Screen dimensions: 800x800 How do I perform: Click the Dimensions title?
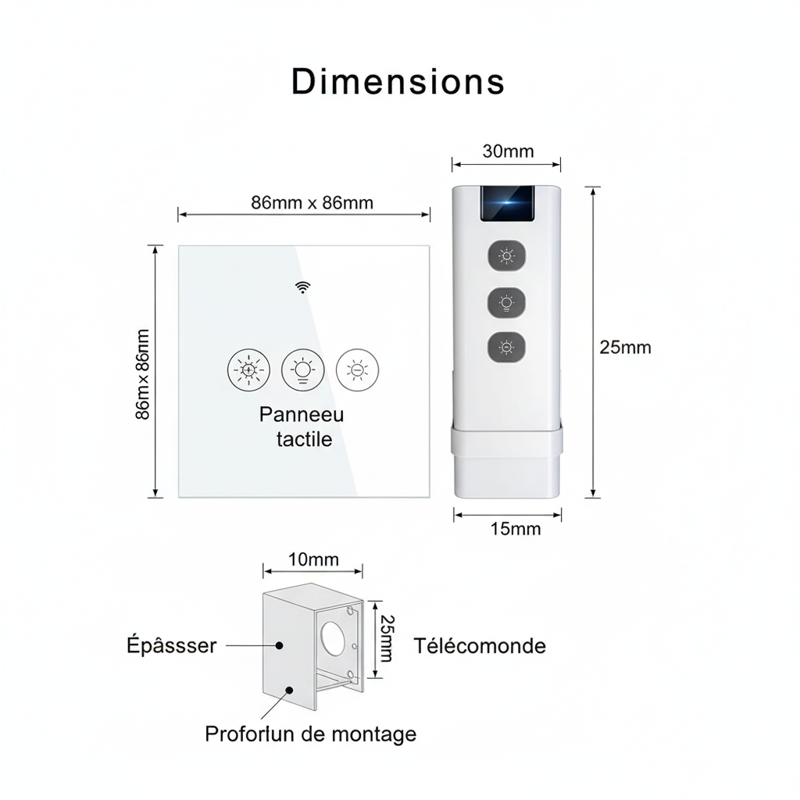[398, 82]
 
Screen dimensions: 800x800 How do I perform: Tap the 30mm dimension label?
[508, 151]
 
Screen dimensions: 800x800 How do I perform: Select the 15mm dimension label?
[515, 529]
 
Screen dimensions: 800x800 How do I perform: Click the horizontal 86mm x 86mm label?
[312, 202]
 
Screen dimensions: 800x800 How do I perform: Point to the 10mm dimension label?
[313, 559]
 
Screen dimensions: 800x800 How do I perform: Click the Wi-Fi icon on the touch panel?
[302, 287]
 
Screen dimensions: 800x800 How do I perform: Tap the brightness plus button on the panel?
[248, 370]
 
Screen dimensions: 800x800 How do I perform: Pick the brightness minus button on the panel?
[356, 370]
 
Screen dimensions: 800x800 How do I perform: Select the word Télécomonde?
[480, 646]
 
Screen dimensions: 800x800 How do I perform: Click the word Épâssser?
[171, 646]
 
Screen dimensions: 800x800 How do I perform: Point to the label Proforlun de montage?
[310, 734]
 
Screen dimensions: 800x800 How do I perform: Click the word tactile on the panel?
[304, 439]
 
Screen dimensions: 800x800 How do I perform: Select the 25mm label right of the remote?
[625, 348]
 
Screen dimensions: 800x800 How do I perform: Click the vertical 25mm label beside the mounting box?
[385, 638]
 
